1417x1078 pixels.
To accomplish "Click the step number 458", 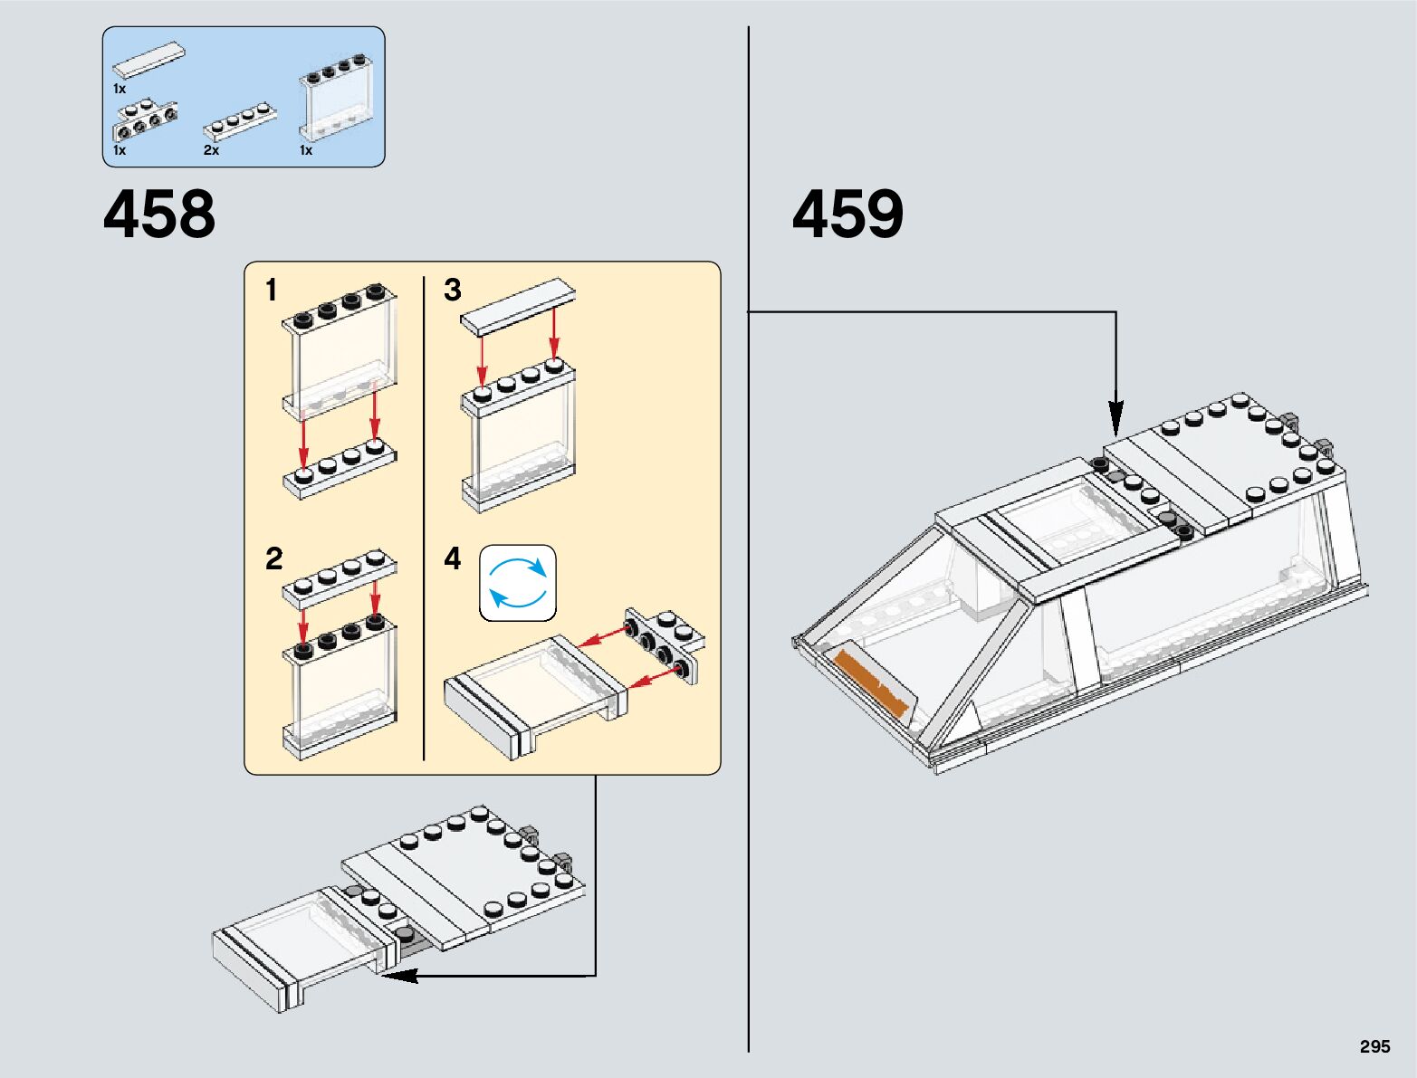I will tap(159, 215).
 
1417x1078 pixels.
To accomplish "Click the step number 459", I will tap(847, 215).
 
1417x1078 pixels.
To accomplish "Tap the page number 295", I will tap(1374, 1046).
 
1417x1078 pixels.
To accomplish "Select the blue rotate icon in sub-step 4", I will tap(517, 583).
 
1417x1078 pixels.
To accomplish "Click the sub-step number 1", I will tap(271, 291).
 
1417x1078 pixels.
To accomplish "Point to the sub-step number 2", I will tap(273, 558).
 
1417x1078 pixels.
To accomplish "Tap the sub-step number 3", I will tap(453, 291).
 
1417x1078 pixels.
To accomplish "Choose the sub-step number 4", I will tap(453, 558).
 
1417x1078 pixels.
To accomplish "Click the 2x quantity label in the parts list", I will tap(211, 151).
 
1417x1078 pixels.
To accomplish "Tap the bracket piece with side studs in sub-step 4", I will tap(664, 644).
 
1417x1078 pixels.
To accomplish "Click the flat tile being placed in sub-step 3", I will tap(517, 308).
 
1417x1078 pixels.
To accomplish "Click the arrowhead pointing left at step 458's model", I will tap(398, 976).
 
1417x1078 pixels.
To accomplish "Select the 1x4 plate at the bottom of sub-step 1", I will tap(340, 470).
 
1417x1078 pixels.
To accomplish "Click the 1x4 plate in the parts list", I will tap(240, 120).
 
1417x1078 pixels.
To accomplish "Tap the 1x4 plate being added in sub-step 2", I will tap(340, 577).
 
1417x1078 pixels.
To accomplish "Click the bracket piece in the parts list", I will tap(145, 118).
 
